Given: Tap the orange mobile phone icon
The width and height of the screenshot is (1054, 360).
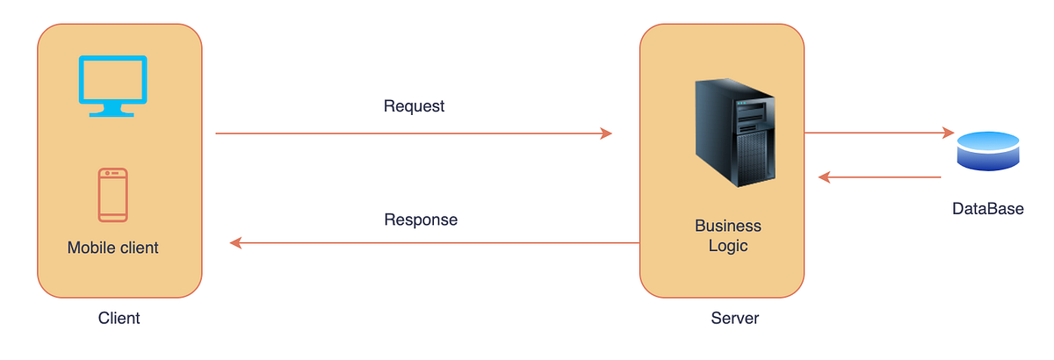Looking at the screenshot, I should tap(112, 194).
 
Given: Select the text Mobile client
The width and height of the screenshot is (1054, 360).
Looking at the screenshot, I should tap(112, 248).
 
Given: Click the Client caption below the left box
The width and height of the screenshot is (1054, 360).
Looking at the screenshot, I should tap(119, 318).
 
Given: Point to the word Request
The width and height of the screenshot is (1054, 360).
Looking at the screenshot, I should tap(415, 106).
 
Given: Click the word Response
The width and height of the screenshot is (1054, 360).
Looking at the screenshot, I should tap(421, 219).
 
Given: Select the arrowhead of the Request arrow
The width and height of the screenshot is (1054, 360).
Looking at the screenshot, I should tap(606, 133).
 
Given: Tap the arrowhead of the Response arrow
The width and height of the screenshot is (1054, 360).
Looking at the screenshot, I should tap(235, 242).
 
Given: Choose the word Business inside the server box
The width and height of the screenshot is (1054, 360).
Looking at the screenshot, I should tap(728, 226).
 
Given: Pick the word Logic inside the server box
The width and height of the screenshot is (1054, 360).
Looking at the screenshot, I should tap(728, 246).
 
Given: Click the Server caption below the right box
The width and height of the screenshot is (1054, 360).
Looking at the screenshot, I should tap(734, 318).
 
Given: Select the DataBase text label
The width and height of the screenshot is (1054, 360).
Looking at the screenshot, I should tap(988, 209).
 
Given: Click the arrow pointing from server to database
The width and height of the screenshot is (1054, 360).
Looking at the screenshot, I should tap(878, 133).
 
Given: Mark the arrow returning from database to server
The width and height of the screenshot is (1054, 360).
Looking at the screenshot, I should tap(878, 177).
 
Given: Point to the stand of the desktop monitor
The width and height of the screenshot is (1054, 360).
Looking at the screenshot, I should tap(112, 109).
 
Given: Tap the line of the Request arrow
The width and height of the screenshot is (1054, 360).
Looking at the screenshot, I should tap(413, 133).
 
